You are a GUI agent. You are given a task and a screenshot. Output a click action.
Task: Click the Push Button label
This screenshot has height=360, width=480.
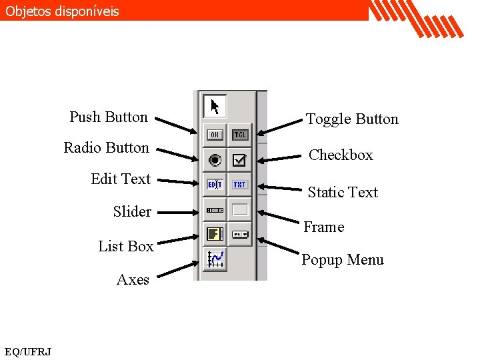(109, 117)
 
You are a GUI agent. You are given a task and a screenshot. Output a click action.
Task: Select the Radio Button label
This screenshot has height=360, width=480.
(106, 147)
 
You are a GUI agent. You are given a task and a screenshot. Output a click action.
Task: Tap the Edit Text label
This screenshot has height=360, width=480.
(121, 179)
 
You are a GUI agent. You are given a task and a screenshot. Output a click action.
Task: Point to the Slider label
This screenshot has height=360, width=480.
(132, 211)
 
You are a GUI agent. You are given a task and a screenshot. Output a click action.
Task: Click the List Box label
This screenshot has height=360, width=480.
(126, 246)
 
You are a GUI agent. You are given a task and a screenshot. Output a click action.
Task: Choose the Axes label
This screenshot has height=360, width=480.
(133, 279)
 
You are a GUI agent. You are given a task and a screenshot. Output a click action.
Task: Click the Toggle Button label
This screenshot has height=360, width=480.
(352, 119)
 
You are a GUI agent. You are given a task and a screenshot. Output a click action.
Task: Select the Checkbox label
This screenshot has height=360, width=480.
(341, 155)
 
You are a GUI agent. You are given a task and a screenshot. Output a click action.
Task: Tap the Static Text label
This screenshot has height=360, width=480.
(343, 192)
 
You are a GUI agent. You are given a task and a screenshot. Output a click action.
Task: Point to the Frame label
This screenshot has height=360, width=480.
(324, 227)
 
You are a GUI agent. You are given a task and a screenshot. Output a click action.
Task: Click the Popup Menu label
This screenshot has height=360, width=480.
(343, 259)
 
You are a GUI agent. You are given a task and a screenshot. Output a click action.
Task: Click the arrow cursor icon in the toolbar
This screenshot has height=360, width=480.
(215, 107)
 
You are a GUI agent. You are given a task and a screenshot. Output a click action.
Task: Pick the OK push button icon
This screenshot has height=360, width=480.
(215, 134)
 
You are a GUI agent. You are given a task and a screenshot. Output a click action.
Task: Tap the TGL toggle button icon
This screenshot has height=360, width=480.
(240, 134)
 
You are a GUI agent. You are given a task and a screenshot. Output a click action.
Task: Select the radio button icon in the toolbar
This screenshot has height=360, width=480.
(215, 159)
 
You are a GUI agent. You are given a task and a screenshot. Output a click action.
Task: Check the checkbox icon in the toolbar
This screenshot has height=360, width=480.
(240, 159)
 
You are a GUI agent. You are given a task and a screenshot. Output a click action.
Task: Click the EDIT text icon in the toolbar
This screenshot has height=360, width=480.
(215, 185)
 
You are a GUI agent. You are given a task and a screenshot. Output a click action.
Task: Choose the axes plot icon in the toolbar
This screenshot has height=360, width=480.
(215, 259)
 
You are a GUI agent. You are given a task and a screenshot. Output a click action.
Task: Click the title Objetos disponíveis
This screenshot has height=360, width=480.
(62, 11)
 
